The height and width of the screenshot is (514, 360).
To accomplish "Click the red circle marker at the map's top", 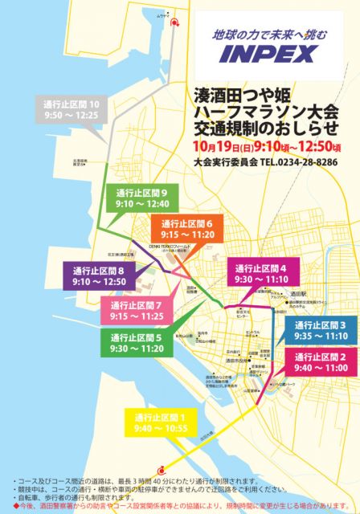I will [x=174, y=23].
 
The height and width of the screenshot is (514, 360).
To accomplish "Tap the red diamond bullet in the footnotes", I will [x=15, y=504].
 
